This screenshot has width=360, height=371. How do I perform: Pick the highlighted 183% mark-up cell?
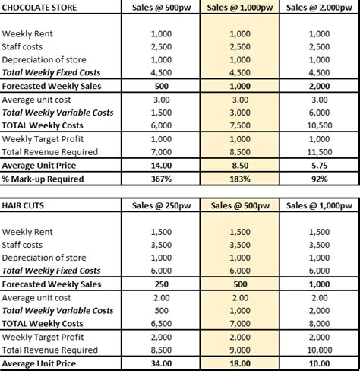tap(240, 179)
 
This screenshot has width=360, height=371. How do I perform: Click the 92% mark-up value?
tap(319, 179)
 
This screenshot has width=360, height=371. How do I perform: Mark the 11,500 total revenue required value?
tap(319, 152)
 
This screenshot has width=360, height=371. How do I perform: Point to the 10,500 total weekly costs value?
tap(319, 125)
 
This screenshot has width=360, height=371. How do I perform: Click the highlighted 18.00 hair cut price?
tap(240, 363)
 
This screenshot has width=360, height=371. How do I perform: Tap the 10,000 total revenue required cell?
tap(319, 350)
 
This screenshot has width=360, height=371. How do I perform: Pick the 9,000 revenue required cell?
tap(240, 350)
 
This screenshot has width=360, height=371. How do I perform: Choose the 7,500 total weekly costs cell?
tap(240, 125)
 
